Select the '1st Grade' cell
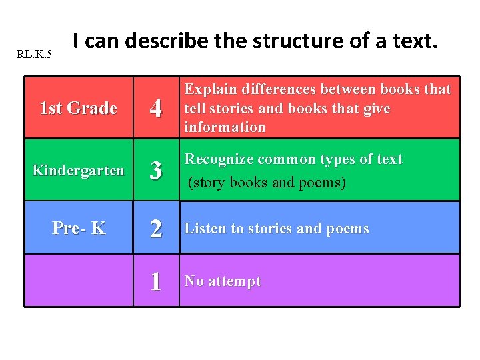tap(79, 108)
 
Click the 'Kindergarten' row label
tap(79, 171)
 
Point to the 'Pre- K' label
tap(79, 228)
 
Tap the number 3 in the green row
tap(156, 171)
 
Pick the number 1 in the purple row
tap(156, 281)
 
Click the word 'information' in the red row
tap(225, 127)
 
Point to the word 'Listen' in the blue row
tap(205, 229)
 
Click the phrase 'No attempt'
tap(223, 281)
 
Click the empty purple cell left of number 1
tap(79, 281)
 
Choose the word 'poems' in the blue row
tap(347, 229)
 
